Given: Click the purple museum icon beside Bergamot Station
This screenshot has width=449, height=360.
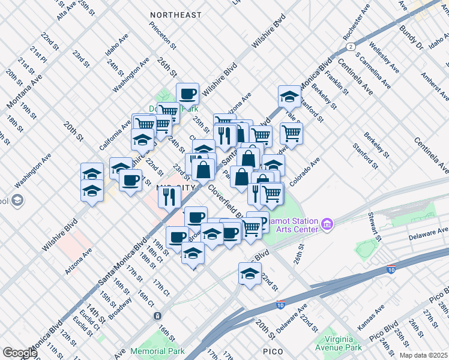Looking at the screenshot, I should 327,225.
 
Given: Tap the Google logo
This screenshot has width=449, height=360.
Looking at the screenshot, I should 19,352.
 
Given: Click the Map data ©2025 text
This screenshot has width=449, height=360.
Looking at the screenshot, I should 423,355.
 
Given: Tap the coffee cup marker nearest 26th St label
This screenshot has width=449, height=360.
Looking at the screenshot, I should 187,94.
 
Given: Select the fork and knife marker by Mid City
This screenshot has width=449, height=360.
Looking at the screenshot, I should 170,196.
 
